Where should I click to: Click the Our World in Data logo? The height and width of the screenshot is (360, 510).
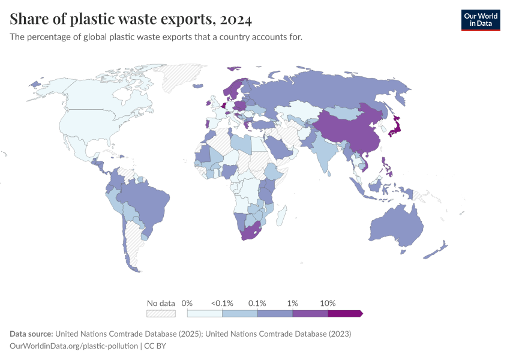(x=480, y=19)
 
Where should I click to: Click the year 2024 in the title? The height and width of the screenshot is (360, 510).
(x=236, y=19)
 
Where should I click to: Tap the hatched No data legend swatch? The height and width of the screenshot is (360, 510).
(x=161, y=313)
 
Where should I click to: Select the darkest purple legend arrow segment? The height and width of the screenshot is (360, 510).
(x=345, y=313)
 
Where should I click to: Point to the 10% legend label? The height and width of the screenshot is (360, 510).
(x=328, y=303)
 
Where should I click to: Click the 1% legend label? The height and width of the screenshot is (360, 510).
(x=293, y=303)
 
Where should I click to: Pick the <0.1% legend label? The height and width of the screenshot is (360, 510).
(x=223, y=303)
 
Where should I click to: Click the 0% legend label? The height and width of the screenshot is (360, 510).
(x=187, y=303)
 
